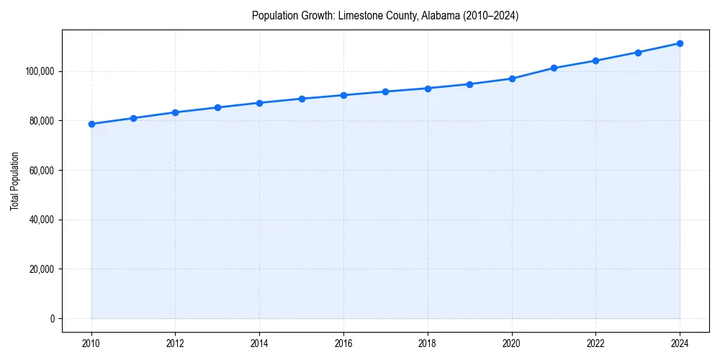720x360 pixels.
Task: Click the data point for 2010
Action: coord(91,124)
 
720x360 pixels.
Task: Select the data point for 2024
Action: coord(680,43)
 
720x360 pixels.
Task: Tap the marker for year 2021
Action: coord(554,68)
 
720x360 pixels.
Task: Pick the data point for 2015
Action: coord(302,99)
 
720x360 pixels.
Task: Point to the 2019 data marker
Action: coord(469,84)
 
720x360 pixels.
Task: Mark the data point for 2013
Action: coord(217,107)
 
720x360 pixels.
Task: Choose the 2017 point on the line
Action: coord(385,91)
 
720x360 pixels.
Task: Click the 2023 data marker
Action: coord(638,53)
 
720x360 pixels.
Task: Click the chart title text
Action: coord(385,15)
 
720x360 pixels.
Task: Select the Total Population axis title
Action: coord(14,181)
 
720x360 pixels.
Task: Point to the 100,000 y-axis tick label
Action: coord(39,71)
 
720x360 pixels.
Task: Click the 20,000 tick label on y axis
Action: coord(41,269)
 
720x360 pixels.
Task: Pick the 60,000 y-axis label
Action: coord(41,171)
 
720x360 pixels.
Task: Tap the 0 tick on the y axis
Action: coord(52,319)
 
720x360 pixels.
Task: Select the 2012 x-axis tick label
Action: coord(175,343)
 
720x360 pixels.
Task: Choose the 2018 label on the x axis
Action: coord(428,343)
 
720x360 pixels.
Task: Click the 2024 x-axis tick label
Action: coord(680,343)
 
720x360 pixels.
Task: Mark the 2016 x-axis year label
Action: coord(343,343)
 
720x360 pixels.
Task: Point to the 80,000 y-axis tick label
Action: coord(41,121)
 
